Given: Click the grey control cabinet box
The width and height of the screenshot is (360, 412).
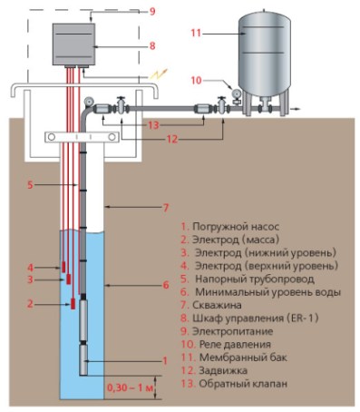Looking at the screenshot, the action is tap(73, 44).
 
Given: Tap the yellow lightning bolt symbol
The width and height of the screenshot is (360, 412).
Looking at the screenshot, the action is tap(159, 74).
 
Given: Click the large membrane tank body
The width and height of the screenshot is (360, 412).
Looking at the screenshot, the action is tap(265, 53).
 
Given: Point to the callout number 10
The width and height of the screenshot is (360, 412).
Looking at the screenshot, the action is tap(196, 81).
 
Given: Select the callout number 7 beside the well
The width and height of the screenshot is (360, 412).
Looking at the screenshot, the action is tap(166, 208).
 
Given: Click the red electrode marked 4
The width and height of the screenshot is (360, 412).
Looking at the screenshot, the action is tap(63, 267).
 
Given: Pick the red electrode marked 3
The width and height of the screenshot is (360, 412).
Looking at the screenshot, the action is tap(69, 279).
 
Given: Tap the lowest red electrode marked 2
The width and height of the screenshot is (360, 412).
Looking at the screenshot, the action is tap(73, 303).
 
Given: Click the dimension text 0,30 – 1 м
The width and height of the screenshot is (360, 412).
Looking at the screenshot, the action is tap(130, 387).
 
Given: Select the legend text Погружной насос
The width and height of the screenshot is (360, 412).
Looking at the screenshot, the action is tap(236, 227).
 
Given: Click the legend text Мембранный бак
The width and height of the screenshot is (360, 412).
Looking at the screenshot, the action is tap(243, 358).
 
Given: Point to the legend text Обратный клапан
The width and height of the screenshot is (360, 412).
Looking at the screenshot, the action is tap(243, 384).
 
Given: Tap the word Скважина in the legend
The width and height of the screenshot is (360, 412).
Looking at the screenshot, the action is tap(217, 305).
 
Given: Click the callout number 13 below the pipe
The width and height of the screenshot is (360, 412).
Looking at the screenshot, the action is tap(153, 125).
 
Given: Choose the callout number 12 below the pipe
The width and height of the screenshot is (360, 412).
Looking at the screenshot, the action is tap(172, 139).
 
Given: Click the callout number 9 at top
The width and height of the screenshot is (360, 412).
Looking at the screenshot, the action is tap(152, 12).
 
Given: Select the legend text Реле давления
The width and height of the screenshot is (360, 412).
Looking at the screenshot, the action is tap(235, 345).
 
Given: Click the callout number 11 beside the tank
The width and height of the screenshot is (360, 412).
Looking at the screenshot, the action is tap(196, 33).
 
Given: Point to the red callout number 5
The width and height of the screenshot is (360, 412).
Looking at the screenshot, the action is tap(30, 184).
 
